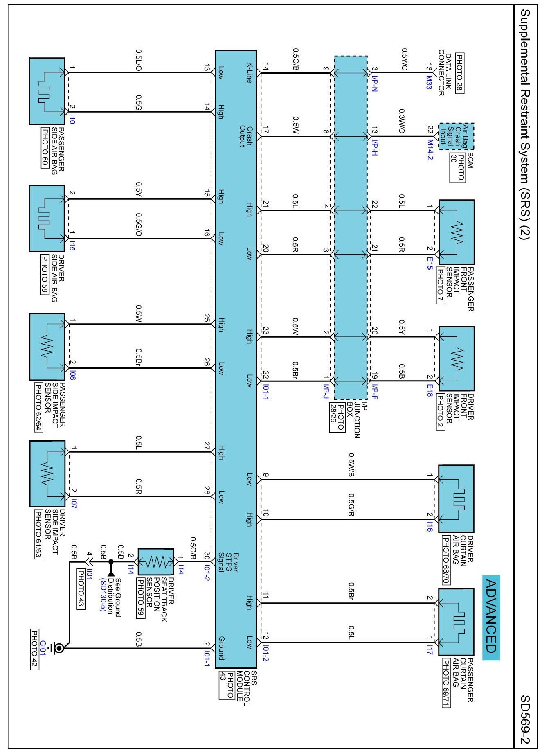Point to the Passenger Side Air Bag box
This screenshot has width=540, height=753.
coord(47,91)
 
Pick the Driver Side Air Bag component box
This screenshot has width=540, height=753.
coord(47,218)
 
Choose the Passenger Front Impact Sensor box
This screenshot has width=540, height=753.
coord(456,232)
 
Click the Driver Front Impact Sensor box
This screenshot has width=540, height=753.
coord(456,358)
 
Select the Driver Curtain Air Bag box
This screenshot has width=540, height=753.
coord(456,498)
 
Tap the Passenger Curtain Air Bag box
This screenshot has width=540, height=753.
coord(456,622)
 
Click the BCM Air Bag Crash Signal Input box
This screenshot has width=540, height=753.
coord(456,136)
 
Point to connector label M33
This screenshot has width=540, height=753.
coord(430,82)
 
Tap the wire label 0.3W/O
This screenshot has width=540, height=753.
coord(402,121)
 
